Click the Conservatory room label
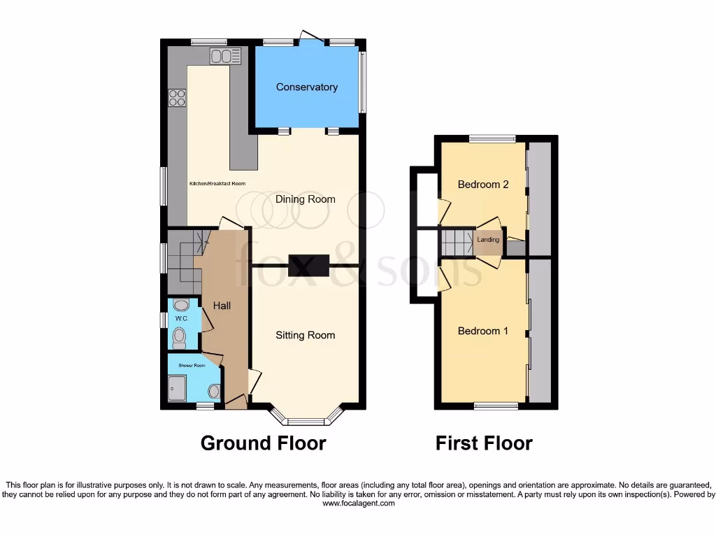pyautogui.click(x=306, y=87)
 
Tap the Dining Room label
pyautogui.click(x=305, y=199)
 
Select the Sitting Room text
pyautogui.click(x=305, y=335)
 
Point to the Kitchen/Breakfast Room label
pyautogui.click(x=217, y=184)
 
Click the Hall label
pyautogui.click(x=222, y=306)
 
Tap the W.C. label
pyautogui.click(x=181, y=318)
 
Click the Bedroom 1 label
pyautogui.click(x=482, y=331)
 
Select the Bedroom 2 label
pyautogui.click(x=482, y=185)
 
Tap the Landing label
pyautogui.click(x=488, y=240)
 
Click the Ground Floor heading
pyautogui.click(x=263, y=443)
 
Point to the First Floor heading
pyautogui.click(x=484, y=443)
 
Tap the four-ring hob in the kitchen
pyautogui.click(x=176, y=99)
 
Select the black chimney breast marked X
pyautogui.click(x=308, y=265)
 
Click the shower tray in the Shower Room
pyautogui.click(x=178, y=388)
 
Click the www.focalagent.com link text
pyautogui.click(x=358, y=503)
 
